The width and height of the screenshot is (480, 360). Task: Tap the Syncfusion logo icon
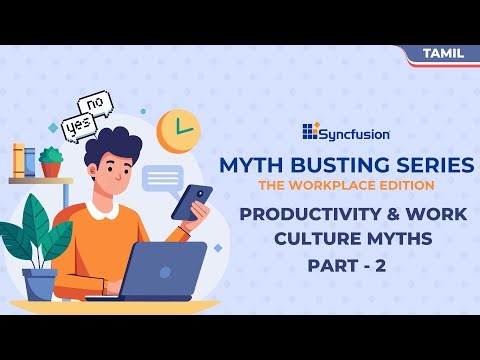(309, 131)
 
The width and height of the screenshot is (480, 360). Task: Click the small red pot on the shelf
(50, 168)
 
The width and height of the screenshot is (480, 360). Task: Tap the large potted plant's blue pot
(41, 286)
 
